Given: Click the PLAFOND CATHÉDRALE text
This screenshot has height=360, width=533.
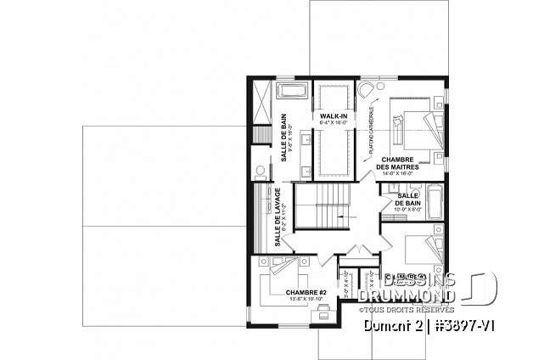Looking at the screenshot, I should click(x=372, y=134).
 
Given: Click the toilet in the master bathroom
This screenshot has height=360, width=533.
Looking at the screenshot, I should click(x=261, y=170).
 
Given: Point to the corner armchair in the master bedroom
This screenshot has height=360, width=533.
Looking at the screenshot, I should click(x=366, y=90).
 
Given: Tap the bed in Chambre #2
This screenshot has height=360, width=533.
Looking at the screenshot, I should click(x=289, y=271).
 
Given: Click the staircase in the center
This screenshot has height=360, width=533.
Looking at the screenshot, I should click(x=322, y=209).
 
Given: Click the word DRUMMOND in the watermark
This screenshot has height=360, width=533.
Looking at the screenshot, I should click(x=406, y=295).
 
